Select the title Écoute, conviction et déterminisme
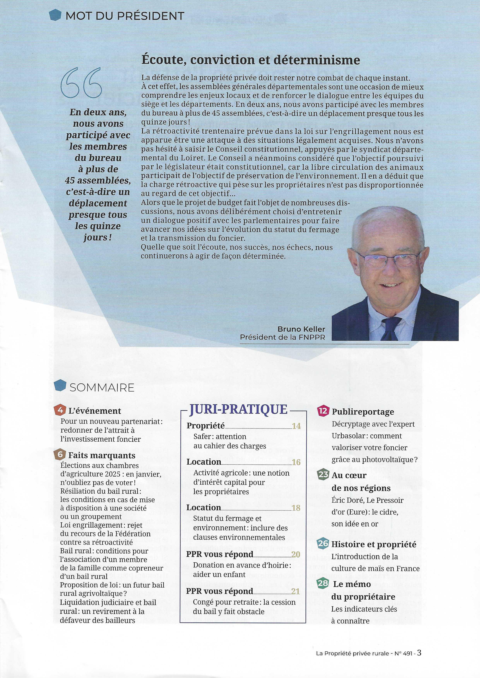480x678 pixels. pyautogui.click(x=251, y=60)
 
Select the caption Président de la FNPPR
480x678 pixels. pyautogui.click(x=282, y=337)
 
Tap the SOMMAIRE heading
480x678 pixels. pyautogui.click(x=102, y=387)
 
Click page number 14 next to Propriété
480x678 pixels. pyautogui.click(x=296, y=426)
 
